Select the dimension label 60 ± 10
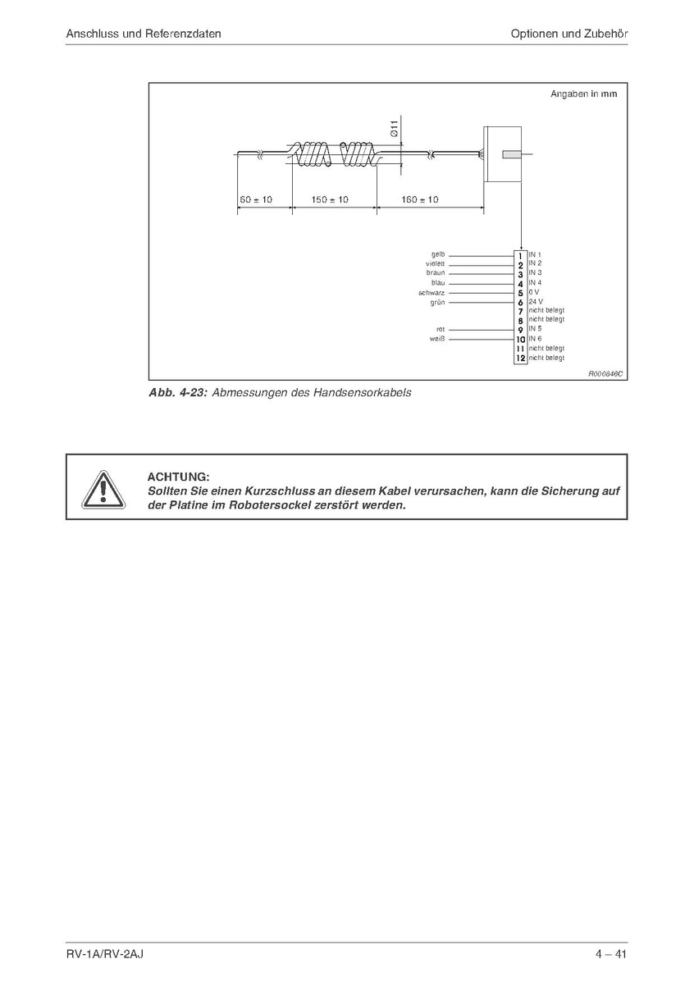pyautogui.click(x=256, y=199)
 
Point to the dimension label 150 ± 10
pyautogui.click(x=331, y=199)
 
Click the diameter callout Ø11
pyautogui.click(x=394, y=128)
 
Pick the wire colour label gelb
pyautogui.click(x=437, y=254)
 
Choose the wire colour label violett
pyautogui.click(x=435, y=263)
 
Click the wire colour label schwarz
pyautogui.click(x=431, y=292)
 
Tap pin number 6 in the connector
pyautogui.click(x=520, y=302)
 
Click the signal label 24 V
pyautogui.click(x=535, y=301)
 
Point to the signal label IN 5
pyautogui.click(x=535, y=329)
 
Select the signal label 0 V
pyautogui.click(x=533, y=292)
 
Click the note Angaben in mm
pyautogui.click(x=583, y=94)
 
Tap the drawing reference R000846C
pyautogui.click(x=605, y=373)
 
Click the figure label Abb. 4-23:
pyautogui.click(x=177, y=393)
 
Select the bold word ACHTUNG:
pyautogui.click(x=178, y=477)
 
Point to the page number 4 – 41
pyautogui.click(x=611, y=954)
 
